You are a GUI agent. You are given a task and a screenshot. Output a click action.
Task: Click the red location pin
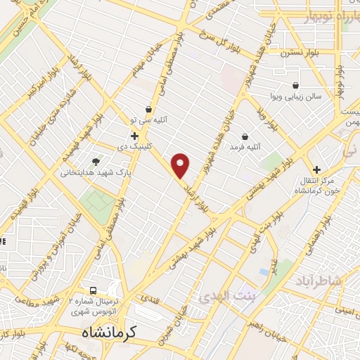(181, 165)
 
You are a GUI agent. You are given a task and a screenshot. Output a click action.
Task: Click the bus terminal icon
(93, 291)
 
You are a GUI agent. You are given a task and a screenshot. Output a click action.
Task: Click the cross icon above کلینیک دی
(134, 135)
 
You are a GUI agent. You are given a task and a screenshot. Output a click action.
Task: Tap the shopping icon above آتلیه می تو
(149, 110)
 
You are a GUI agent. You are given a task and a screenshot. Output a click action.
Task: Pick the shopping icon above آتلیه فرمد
(244, 136)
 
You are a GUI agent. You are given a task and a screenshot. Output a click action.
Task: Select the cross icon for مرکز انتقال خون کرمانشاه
(317, 169)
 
